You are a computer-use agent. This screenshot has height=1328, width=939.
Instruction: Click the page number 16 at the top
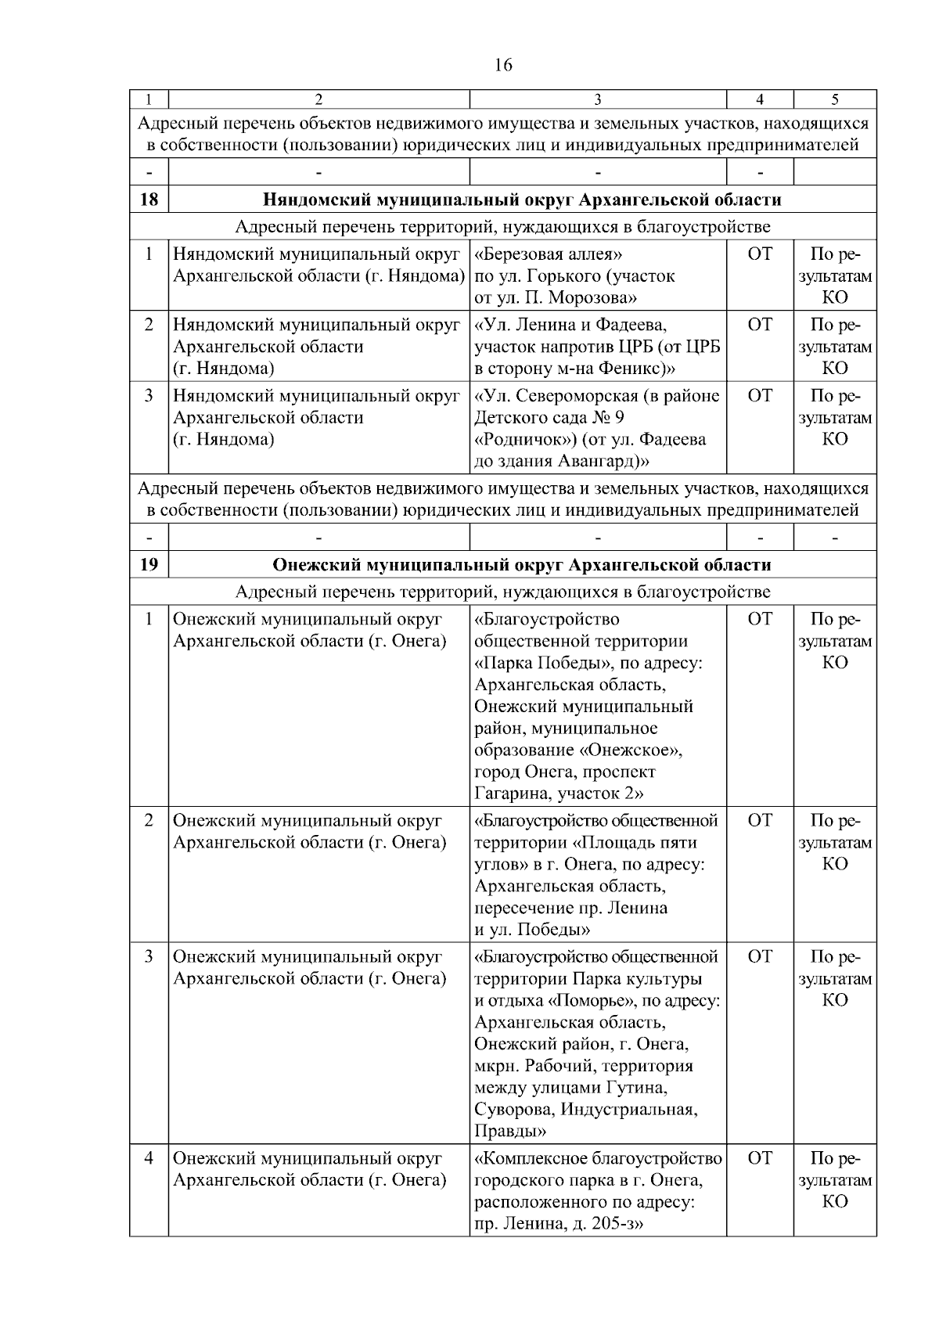pos(503,65)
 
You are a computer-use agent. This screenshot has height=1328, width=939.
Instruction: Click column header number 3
pos(598,99)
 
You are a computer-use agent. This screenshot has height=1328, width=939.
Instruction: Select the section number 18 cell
pos(149,200)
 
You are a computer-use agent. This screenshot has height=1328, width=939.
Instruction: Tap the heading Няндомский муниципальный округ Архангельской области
pos(522,200)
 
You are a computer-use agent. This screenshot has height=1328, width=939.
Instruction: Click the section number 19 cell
pos(149,565)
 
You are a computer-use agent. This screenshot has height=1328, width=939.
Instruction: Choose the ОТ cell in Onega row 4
pos(760,1158)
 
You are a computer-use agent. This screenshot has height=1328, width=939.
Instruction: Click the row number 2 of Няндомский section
pos(149,325)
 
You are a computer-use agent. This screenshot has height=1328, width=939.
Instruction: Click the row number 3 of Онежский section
pos(149,957)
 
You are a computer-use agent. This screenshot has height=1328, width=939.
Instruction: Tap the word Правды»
pos(510,1132)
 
